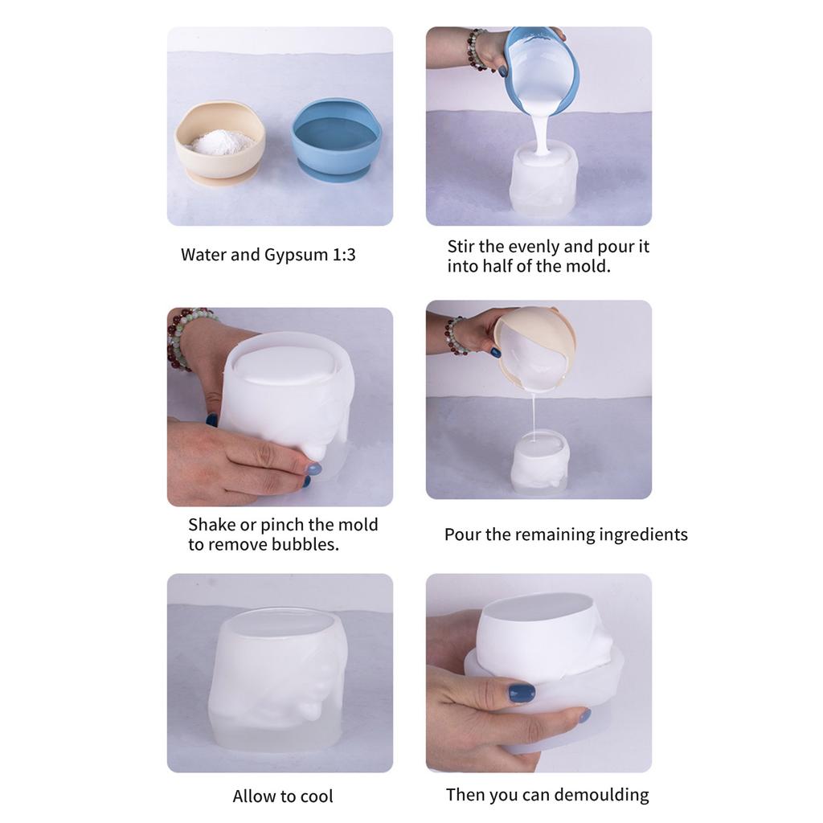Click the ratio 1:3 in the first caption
click(343, 255)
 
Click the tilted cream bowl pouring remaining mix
click(534, 346)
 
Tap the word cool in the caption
click(315, 796)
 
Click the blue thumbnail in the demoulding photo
click(521, 692)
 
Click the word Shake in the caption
click(211, 525)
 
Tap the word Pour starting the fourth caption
click(462, 534)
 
